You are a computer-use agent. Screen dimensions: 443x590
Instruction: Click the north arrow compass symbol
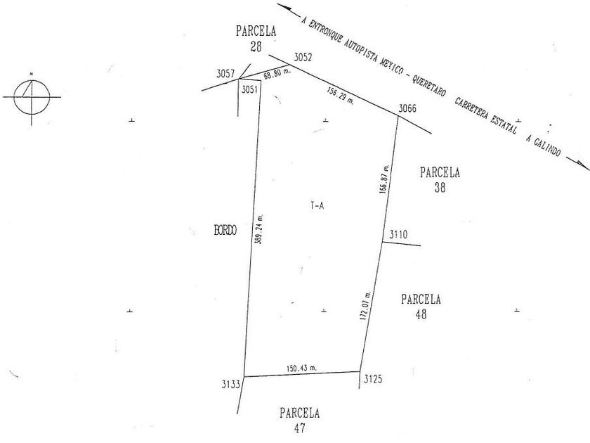(32, 96)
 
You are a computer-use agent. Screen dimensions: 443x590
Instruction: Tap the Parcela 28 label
(256, 39)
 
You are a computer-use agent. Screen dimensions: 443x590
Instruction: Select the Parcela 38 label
(440, 179)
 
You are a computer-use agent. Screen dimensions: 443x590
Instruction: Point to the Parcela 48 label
(421, 307)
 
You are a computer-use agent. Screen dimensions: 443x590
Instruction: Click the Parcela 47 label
(300, 419)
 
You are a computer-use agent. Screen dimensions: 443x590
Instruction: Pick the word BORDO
(225, 230)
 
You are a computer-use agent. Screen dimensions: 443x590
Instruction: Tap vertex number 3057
(225, 73)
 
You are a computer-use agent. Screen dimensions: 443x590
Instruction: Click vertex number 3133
(231, 384)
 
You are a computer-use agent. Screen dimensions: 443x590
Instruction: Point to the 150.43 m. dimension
(301, 367)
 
